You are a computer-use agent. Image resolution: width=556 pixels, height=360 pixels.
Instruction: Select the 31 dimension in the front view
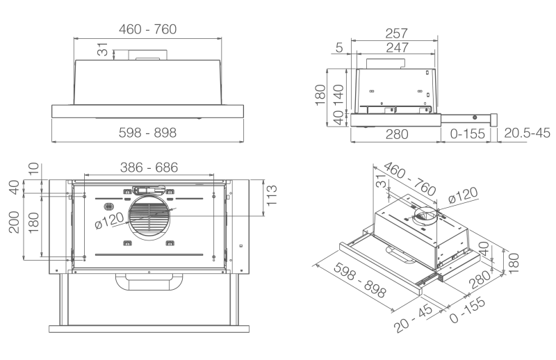(104, 51)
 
